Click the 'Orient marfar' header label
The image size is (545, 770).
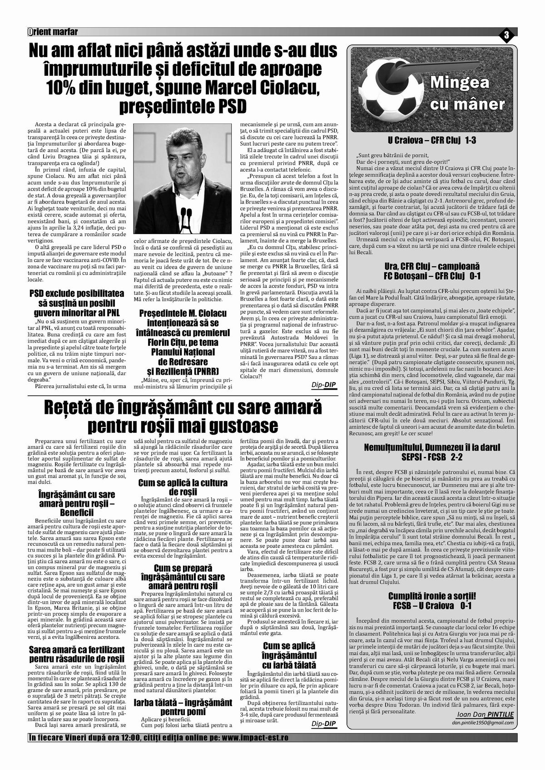[x=53, y=31]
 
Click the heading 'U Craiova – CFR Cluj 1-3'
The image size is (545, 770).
[x=431, y=141]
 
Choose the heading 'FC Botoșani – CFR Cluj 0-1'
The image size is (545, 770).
[x=431, y=276]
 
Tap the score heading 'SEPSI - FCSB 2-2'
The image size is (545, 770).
[x=431, y=456]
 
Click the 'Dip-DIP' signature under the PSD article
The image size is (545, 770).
[x=324, y=385]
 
